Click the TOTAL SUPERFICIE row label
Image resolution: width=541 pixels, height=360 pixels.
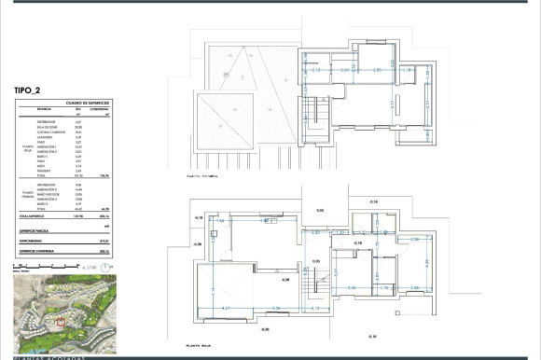[36, 215]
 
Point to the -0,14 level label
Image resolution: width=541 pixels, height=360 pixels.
[371, 336]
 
